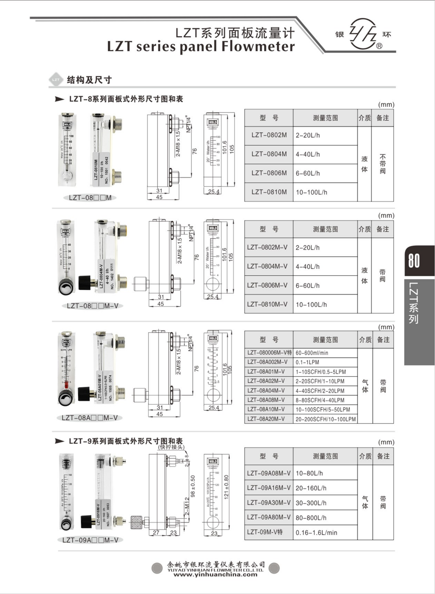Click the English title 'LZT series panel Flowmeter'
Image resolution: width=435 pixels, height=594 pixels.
click(x=201, y=47)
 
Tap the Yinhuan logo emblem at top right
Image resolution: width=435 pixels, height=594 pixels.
click(x=363, y=34)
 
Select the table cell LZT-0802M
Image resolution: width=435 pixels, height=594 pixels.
click(x=269, y=135)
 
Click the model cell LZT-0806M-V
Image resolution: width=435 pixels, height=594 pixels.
click(x=267, y=285)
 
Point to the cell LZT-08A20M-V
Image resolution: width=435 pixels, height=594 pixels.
click(x=266, y=419)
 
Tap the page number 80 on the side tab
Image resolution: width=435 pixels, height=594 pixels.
click(x=414, y=260)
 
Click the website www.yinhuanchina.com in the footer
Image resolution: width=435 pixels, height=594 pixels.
click(x=215, y=574)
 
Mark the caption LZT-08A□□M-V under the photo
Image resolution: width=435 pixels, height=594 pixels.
click(x=90, y=418)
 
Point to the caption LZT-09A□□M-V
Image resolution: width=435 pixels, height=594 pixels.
click(x=90, y=540)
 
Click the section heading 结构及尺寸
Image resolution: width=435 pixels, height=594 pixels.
click(x=89, y=80)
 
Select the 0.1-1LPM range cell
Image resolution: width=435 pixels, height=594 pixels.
click(x=307, y=362)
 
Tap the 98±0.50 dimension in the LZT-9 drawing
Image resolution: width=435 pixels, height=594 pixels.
click(x=193, y=486)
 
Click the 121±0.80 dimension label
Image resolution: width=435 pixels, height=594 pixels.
click(x=226, y=487)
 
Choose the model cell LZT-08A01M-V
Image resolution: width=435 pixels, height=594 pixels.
click(x=266, y=372)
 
